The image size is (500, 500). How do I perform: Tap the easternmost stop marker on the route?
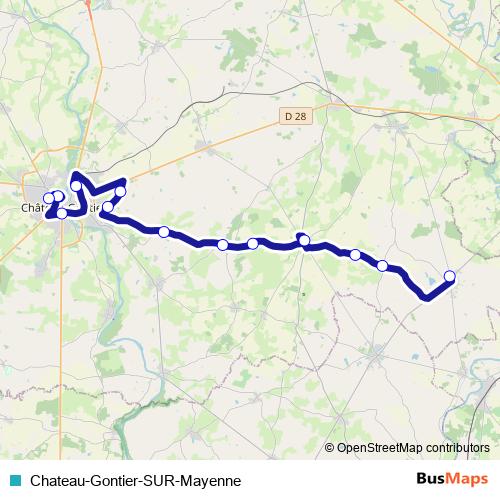tap(449, 276)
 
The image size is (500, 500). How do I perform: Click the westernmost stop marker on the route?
tap(48, 198)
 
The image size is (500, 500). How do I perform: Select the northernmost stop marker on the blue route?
tap(76, 186)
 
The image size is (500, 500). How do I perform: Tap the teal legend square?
tap(13, 479)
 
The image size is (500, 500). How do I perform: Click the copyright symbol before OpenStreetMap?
tap(330, 448)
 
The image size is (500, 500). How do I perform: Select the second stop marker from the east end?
tap(383, 265)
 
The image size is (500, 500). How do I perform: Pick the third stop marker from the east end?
tap(355, 254)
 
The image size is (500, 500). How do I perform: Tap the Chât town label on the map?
tap(34, 210)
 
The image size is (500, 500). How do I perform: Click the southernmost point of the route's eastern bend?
tap(427, 297)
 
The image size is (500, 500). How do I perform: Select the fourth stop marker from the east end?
tap(304, 240)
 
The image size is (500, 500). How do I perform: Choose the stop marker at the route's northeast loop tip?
tap(121, 191)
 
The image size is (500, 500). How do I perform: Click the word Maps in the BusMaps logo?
tap(466, 478)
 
